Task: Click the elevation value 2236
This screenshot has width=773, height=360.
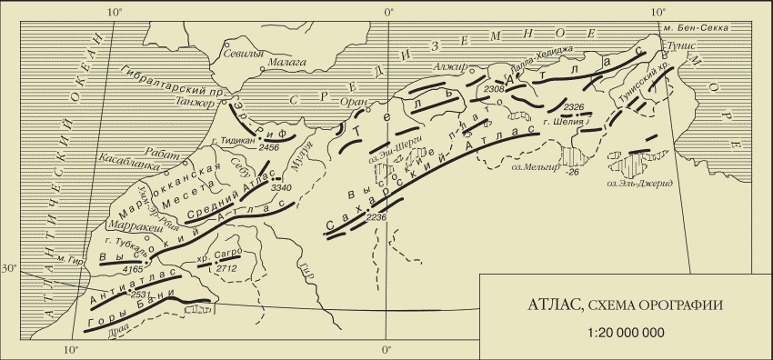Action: point(376,218)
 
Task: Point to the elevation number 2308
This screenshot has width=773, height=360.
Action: point(495,89)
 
